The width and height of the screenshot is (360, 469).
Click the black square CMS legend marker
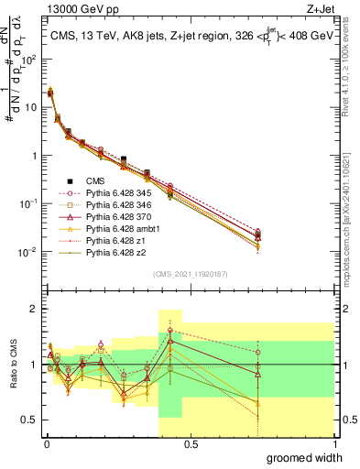70,181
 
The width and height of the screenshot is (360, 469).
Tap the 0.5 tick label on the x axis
191,442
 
